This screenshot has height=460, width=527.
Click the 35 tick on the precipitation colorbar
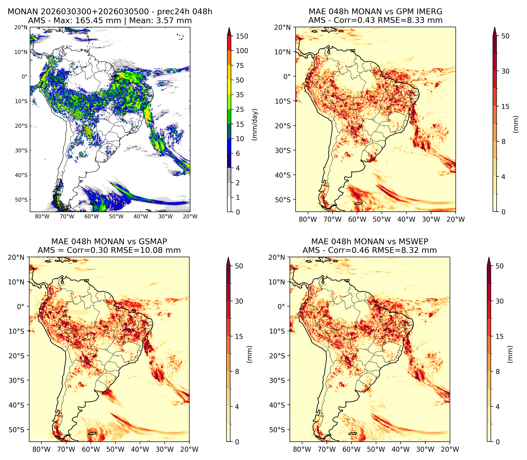pyautogui.click(x=240, y=95)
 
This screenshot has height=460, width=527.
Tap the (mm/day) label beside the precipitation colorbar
pyautogui.click(x=255, y=124)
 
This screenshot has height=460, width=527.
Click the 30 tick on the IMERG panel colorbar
pyautogui.click(x=505, y=71)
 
